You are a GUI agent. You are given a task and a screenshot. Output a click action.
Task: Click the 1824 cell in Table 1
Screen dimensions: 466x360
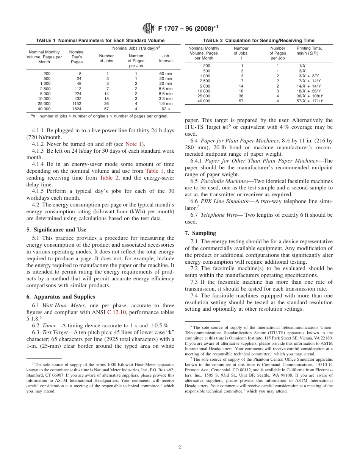[x=77, y=108]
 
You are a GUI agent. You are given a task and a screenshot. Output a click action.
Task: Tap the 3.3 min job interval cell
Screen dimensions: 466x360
[x=166, y=99]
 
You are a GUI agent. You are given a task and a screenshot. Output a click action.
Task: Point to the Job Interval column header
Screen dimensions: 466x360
[x=166, y=58]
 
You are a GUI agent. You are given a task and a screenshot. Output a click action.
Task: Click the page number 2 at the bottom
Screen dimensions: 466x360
[x=180, y=447]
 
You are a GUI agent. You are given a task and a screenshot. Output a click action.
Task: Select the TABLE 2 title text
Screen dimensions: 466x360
[x=258, y=41]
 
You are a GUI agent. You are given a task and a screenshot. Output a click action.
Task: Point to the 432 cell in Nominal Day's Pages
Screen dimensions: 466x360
[x=77, y=99]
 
